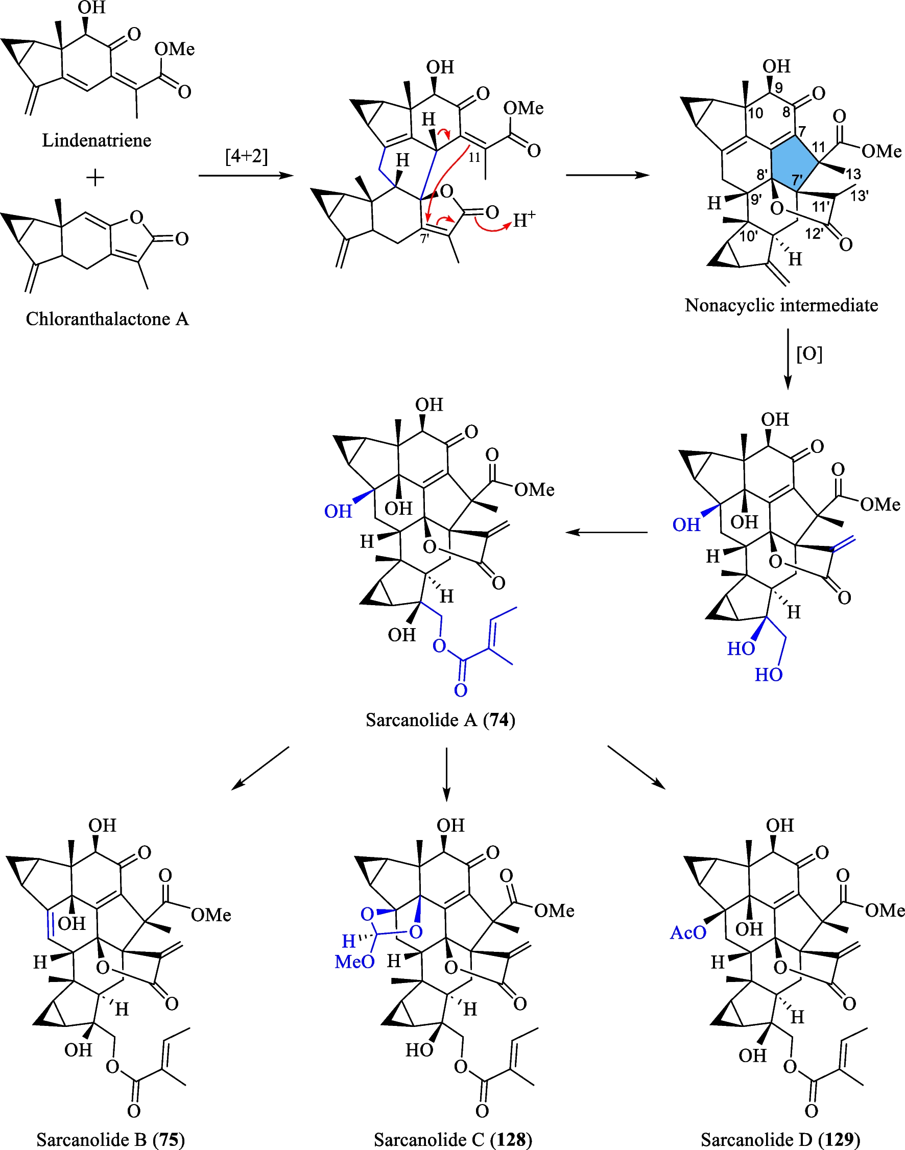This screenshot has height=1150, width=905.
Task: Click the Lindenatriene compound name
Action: point(97,140)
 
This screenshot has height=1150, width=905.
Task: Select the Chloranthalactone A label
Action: point(107,319)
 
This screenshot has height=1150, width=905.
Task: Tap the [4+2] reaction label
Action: point(246,157)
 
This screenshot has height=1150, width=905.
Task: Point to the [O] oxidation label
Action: point(809,354)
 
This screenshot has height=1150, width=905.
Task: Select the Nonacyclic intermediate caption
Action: point(781,305)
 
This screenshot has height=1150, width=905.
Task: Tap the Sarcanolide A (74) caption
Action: point(440,720)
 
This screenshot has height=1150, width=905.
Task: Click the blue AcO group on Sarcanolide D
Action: point(688,933)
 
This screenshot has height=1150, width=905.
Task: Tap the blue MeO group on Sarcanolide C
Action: point(354,962)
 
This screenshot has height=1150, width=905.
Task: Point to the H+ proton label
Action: point(524,219)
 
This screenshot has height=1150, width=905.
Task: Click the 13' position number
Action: point(859,196)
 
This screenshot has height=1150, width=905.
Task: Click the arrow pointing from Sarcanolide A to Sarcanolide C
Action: point(447,773)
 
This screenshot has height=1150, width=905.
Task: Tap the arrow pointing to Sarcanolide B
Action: point(260,768)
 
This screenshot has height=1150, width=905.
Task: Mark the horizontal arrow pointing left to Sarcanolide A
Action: point(606,532)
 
